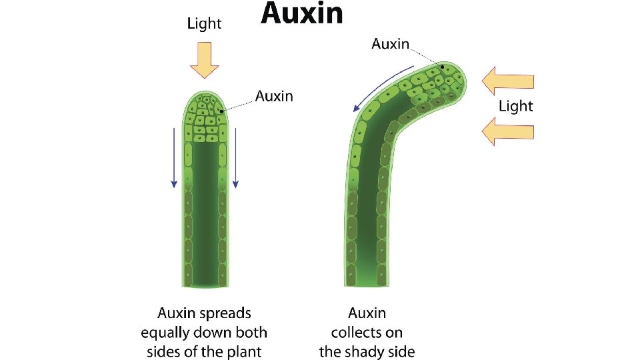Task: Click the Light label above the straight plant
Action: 204,24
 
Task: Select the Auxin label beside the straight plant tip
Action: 274,96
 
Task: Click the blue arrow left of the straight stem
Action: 174,157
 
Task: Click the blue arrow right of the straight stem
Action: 235,157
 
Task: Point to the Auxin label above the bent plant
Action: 391,44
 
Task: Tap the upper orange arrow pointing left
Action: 508,81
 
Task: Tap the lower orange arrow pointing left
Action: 508,130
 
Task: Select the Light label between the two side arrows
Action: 516,106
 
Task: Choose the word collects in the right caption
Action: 367,332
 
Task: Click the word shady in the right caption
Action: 367,351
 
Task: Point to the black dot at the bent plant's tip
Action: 441,67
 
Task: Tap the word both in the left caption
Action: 251,332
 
